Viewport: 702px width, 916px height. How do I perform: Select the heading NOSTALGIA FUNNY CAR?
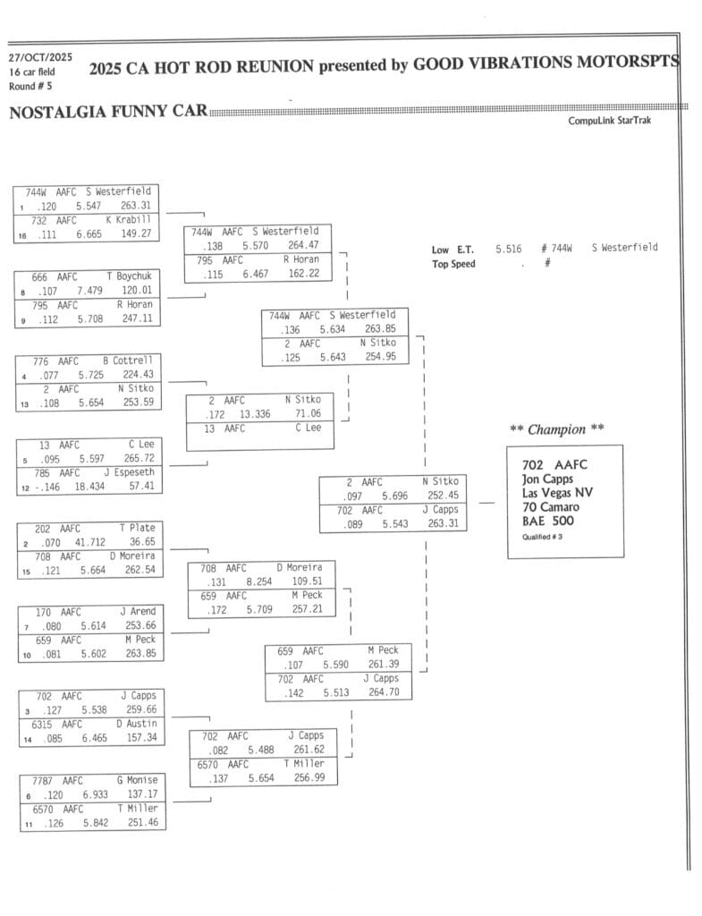tap(107, 112)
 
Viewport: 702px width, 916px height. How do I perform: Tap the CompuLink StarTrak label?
tap(609, 121)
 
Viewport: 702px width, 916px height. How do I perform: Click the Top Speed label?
tap(453, 264)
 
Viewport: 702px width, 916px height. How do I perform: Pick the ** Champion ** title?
tap(556, 429)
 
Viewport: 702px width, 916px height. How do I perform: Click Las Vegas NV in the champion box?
tap(557, 493)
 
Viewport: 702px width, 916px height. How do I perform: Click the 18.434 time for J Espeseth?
tap(89, 487)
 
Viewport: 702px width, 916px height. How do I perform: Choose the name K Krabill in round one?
tap(128, 220)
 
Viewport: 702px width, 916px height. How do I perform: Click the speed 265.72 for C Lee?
tap(139, 459)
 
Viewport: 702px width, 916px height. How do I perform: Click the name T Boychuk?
tap(130, 276)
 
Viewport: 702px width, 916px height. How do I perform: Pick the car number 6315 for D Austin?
tap(44, 724)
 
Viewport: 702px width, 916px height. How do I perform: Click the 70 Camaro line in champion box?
tap(551, 507)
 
